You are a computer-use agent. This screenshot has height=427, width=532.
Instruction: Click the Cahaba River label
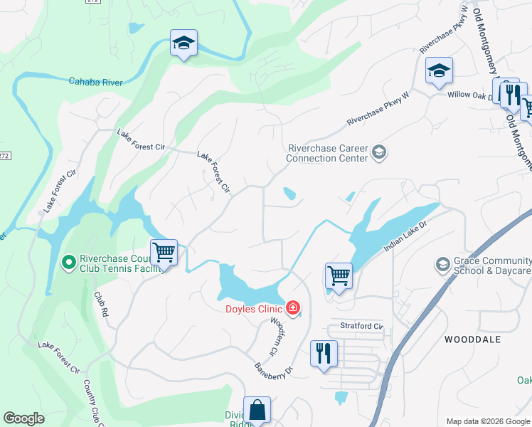coord(95,83)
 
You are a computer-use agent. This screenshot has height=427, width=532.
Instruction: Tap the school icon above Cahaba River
coord(183,44)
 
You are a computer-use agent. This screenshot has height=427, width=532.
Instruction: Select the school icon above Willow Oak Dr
coord(439,70)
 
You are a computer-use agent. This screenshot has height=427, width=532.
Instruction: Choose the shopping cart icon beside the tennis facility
coord(164,251)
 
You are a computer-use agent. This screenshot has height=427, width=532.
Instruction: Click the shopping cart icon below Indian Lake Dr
coord(339,275)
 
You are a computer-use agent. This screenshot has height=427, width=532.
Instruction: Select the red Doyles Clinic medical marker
coord(292,307)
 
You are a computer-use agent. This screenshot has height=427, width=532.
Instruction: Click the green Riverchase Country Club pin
coord(69,263)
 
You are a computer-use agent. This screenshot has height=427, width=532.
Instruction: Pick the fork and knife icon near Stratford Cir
coord(324,353)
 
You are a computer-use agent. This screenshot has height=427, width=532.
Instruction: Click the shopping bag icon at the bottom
coord(257,410)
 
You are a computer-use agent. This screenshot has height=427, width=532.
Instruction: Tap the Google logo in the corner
coord(24,418)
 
